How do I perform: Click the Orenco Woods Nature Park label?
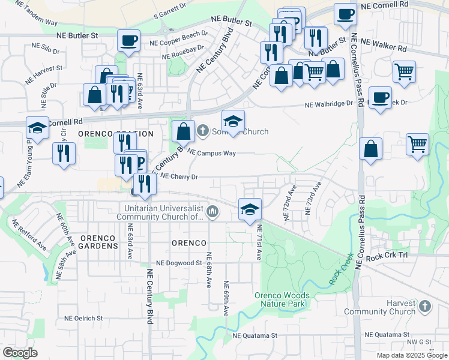[282, 299]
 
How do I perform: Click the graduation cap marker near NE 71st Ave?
[250, 209]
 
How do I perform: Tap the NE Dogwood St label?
[179, 263]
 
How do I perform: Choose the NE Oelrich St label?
[85, 318]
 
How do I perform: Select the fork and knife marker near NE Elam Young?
[64, 153]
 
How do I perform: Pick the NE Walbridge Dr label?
[329, 104]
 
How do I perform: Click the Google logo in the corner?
[20, 352]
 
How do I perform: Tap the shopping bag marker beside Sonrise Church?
[183, 131]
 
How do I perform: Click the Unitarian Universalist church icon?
[213, 212]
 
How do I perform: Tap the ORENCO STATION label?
[115, 134]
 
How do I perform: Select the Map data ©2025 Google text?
[412, 355]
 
